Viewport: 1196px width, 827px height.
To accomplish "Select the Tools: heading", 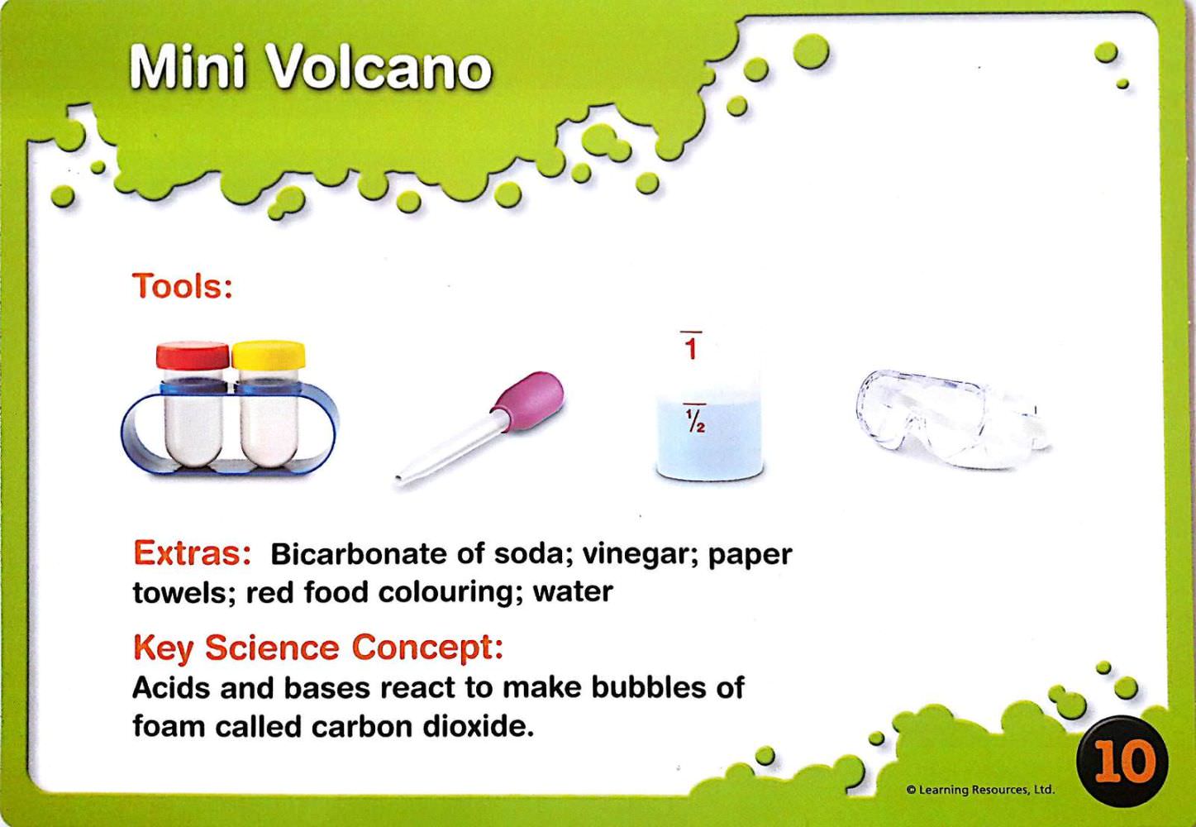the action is (x=183, y=286).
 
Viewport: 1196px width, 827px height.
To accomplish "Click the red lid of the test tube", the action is (x=193, y=356).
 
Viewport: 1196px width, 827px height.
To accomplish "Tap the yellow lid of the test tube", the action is (x=269, y=355).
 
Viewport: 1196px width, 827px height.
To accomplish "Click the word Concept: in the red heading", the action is (x=427, y=648).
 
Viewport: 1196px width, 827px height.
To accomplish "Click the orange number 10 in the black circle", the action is (x=1123, y=761).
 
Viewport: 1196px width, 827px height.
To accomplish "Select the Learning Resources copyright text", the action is (x=980, y=790).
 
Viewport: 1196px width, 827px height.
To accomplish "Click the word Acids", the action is (x=172, y=687).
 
